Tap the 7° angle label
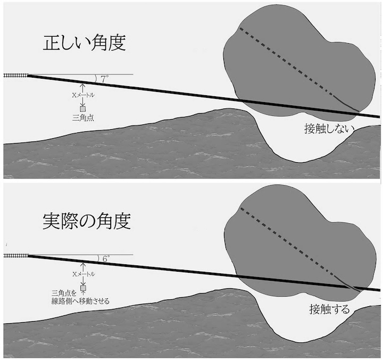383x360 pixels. pyautogui.click(x=105, y=78)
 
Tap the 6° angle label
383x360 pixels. pyautogui.click(x=105, y=259)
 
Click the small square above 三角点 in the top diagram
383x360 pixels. pyautogui.click(x=82, y=109)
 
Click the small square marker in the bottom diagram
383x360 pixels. pyautogui.click(x=82, y=288)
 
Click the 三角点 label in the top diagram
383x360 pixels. pyautogui.click(x=82, y=119)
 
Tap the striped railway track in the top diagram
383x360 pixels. pyautogui.click(x=15, y=76)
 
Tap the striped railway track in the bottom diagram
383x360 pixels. pyautogui.click(x=15, y=256)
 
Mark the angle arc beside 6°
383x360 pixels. pyautogui.click(x=97, y=258)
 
